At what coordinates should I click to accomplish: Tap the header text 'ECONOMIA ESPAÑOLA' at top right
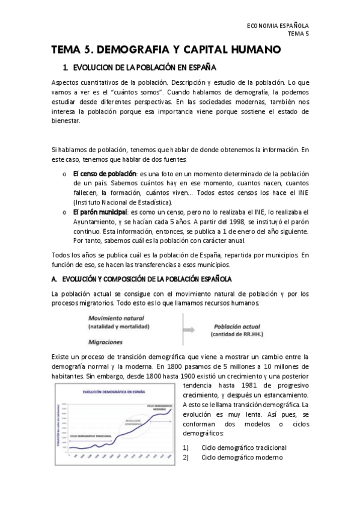tap(278, 26)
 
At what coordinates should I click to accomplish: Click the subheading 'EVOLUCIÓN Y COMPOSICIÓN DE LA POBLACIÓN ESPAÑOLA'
tap(142, 280)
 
